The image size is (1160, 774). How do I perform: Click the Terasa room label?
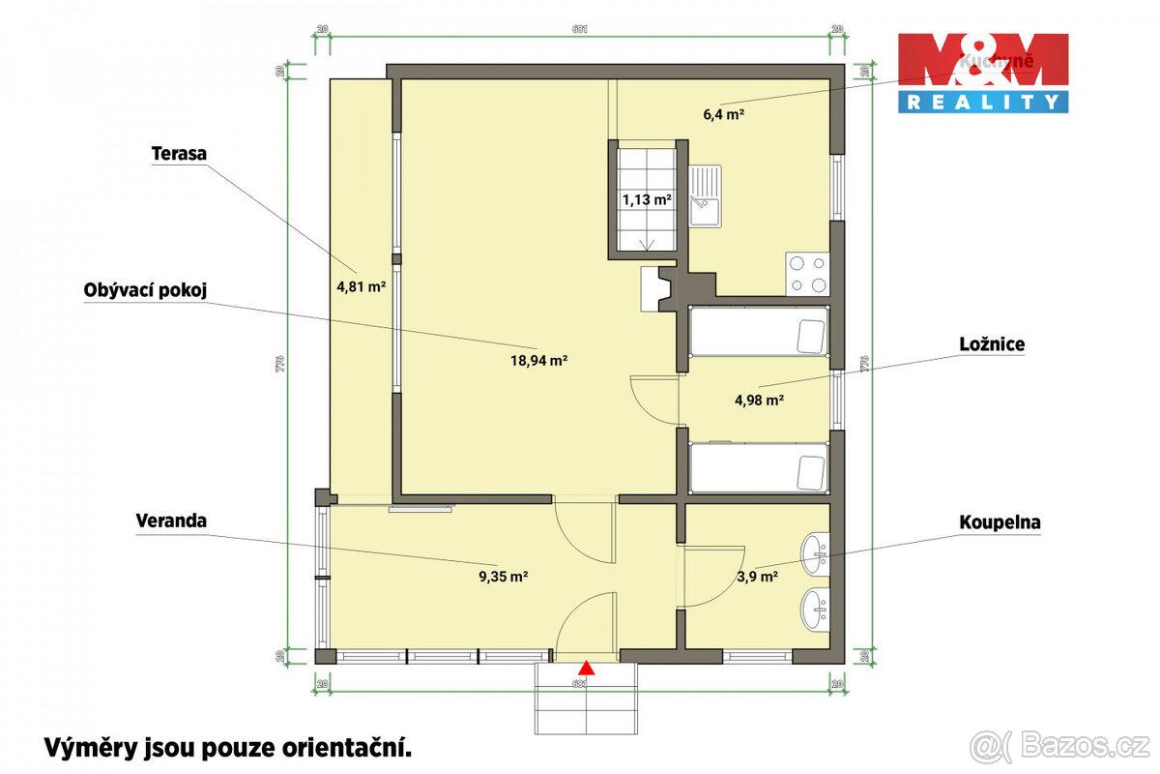(x=181, y=153)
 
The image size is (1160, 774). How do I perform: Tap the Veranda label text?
(x=171, y=521)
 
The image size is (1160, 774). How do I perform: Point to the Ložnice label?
(x=992, y=343)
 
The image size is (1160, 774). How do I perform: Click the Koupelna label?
(x=1000, y=522)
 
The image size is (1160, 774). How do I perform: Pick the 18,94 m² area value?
(x=539, y=360)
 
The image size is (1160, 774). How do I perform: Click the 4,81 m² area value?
(x=360, y=285)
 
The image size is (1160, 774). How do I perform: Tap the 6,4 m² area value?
(x=723, y=114)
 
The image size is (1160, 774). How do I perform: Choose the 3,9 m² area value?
(x=757, y=577)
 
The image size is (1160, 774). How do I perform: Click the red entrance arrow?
(x=586, y=667)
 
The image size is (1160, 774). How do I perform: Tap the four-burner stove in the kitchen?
(x=807, y=273)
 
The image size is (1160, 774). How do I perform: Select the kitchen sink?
(x=706, y=195)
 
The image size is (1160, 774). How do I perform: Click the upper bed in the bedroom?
(x=759, y=332)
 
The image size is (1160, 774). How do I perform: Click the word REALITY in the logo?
(x=982, y=101)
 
